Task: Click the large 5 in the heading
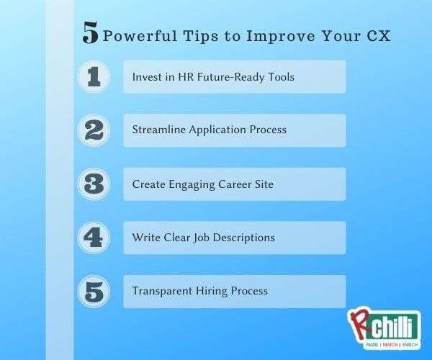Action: click(90, 33)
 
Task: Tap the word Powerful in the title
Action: click(140, 36)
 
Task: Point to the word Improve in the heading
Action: click(280, 36)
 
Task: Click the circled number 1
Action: click(94, 76)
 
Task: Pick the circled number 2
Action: click(94, 130)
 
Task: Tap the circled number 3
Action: click(94, 184)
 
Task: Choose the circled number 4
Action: click(94, 238)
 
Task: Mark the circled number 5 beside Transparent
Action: click(94, 292)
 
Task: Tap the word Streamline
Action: click(158, 130)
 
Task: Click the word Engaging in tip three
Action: click(192, 185)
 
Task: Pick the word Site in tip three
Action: click(264, 184)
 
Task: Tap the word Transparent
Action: click(162, 291)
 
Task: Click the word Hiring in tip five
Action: click(212, 292)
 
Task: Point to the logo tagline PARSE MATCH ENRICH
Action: click(392, 345)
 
